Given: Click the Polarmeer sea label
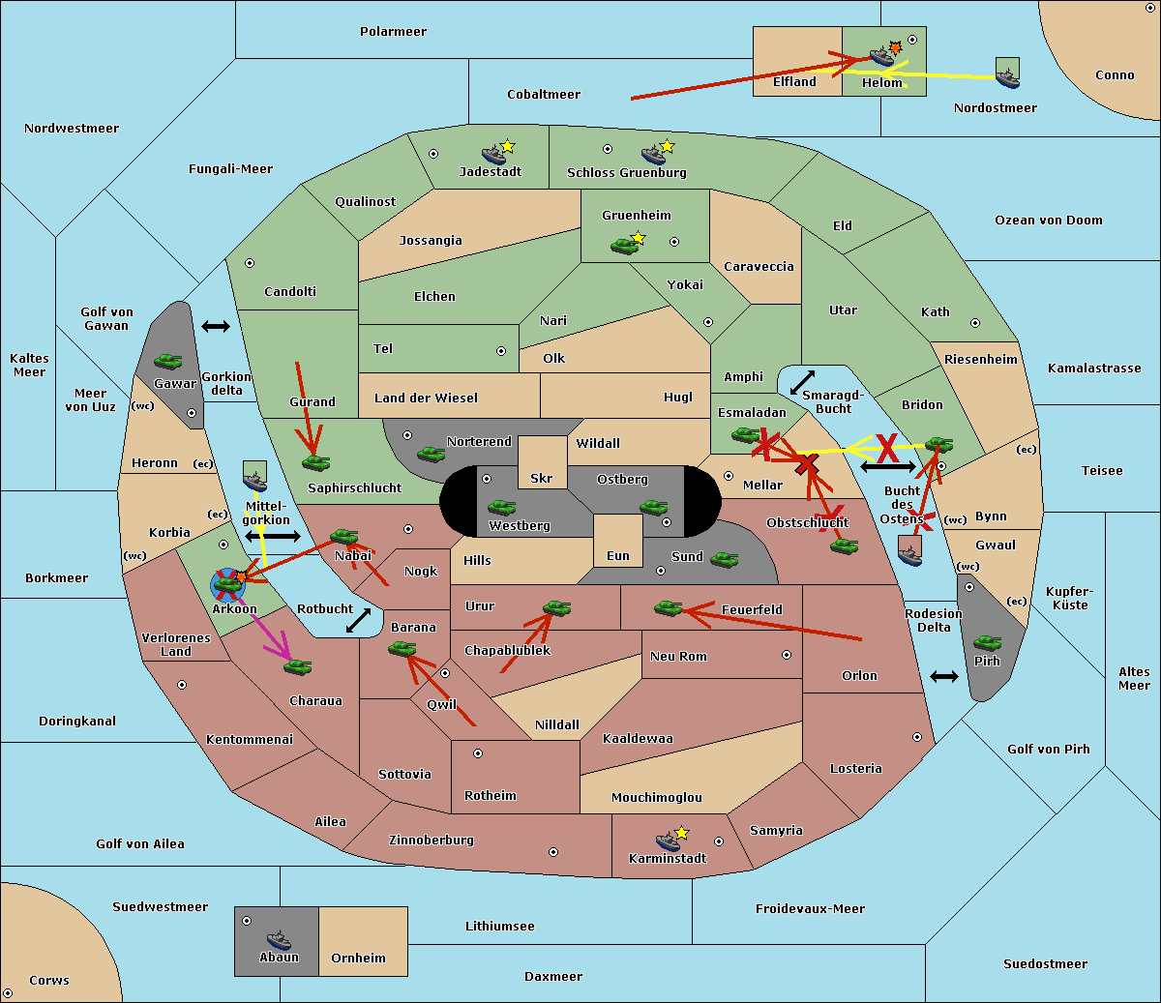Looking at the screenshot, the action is click(393, 32).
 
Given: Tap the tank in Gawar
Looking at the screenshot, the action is click(168, 361).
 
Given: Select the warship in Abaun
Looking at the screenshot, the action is click(280, 939).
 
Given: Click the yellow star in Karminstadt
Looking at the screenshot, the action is click(681, 832).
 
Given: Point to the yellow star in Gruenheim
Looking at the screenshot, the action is click(639, 238).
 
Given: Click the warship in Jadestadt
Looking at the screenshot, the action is click(494, 155).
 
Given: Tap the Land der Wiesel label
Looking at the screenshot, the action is click(426, 398).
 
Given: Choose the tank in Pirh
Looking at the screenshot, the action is click(987, 642).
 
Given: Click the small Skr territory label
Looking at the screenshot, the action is click(542, 478).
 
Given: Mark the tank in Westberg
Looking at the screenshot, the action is click(501, 507).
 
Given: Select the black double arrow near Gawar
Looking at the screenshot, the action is click(216, 326).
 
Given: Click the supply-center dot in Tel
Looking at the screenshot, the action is click(501, 351).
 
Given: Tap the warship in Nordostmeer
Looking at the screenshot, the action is click(1008, 78).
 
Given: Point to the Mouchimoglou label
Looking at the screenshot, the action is click(657, 797).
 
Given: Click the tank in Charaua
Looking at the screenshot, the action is click(297, 666).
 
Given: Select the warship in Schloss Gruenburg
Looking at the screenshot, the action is click(654, 155).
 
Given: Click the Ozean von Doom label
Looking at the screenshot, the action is click(1048, 221).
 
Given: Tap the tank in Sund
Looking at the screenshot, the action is click(724, 559).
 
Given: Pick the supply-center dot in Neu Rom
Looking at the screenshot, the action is click(787, 655).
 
